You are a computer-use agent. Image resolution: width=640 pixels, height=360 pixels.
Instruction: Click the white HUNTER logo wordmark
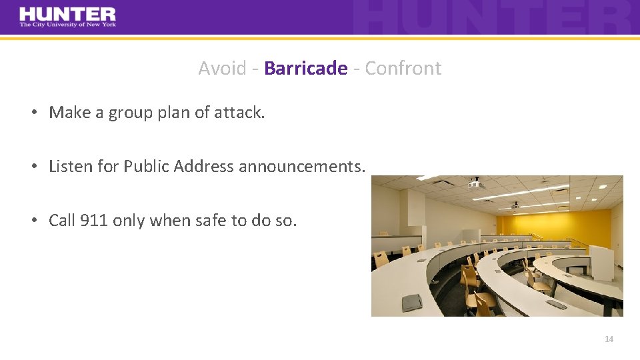pos(67,13)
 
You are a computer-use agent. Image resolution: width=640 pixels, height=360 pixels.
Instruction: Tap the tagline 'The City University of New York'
pos(67,25)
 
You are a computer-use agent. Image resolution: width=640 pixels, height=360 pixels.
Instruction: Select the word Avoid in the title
pos(222,68)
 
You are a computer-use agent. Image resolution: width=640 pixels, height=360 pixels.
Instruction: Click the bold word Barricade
pos(305,68)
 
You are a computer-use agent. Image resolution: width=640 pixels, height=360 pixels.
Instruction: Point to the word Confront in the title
pos(403,68)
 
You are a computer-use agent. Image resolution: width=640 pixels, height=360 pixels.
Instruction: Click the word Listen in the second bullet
pos(71,166)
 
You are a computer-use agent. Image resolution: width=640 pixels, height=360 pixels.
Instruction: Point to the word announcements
pos(302,166)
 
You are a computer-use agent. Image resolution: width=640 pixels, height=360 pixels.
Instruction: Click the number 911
pos(93,220)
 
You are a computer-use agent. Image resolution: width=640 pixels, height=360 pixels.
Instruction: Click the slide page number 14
pos(609,339)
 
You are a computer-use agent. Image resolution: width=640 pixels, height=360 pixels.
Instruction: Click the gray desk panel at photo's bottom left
pos(411,302)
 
